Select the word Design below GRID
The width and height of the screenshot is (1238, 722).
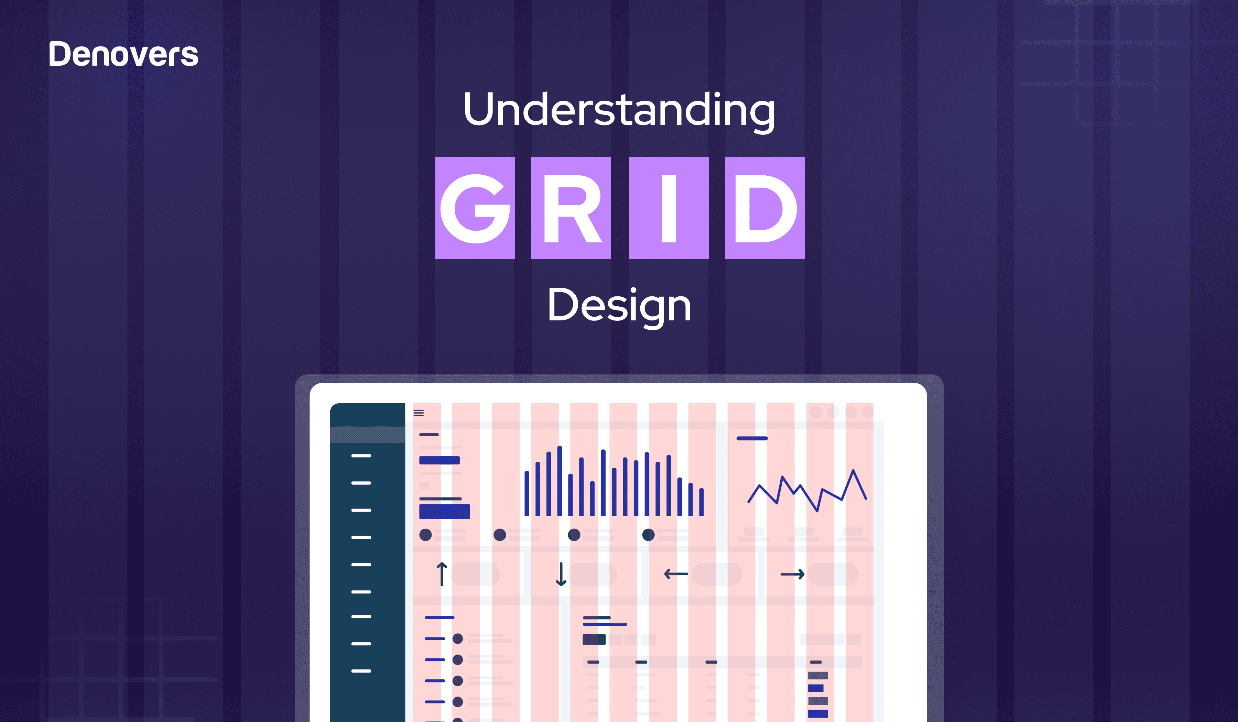click(x=619, y=306)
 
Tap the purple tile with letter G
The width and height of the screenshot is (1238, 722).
click(x=475, y=208)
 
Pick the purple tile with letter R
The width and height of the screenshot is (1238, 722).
click(x=571, y=208)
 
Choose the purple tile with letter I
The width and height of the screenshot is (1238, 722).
click(x=669, y=208)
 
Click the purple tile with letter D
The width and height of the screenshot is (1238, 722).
click(x=764, y=208)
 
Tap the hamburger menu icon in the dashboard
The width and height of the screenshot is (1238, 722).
click(x=419, y=413)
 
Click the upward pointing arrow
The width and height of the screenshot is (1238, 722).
click(x=442, y=574)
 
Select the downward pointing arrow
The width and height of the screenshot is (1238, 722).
click(x=561, y=574)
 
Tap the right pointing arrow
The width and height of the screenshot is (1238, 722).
click(x=792, y=574)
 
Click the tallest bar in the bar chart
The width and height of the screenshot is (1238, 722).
click(x=560, y=481)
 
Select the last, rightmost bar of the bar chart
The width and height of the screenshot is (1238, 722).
click(x=702, y=502)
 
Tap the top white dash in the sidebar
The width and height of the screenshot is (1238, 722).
click(x=361, y=456)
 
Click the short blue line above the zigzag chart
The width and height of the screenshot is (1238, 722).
click(x=752, y=438)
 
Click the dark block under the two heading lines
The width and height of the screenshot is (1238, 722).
click(x=594, y=639)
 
